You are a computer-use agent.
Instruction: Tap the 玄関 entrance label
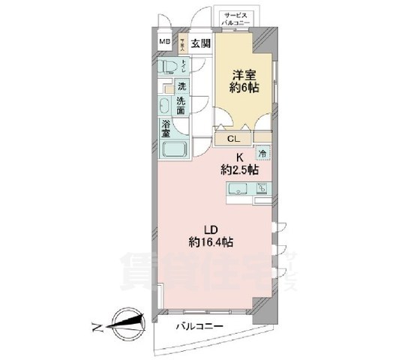point(199,43)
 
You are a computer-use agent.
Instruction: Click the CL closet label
point(233,138)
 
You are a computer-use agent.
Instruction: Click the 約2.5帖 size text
point(241,171)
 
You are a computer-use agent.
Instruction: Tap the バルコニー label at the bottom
point(201,327)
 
